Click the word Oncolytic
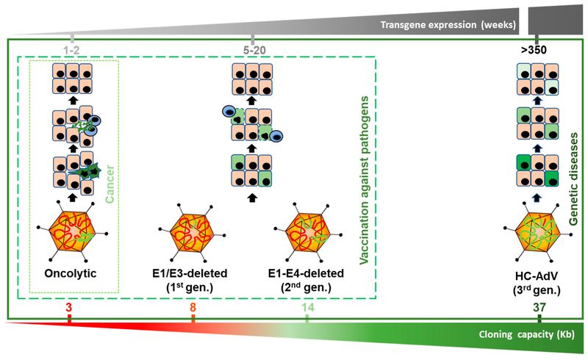[71, 273]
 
